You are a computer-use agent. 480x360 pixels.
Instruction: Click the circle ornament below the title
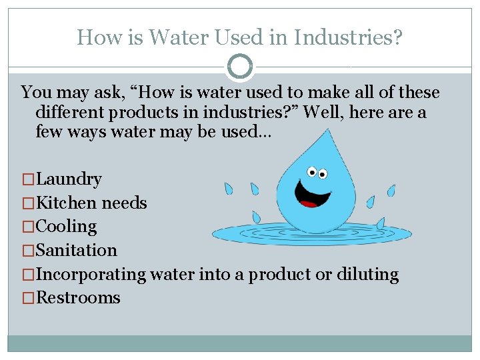tap(240, 67)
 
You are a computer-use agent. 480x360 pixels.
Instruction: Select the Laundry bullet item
tap(69, 179)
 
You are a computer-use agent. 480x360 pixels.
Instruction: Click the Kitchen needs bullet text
tap(91, 203)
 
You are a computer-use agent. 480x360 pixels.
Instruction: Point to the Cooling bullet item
tap(66, 227)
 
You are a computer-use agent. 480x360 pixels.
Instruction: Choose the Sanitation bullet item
tap(76, 250)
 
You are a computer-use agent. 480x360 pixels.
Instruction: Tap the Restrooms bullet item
tap(78, 297)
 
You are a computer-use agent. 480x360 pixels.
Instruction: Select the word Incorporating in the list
tap(91, 274)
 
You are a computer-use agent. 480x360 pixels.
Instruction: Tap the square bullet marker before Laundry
tap(28, 179)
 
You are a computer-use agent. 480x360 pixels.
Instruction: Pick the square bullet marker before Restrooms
tap(28, 298)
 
